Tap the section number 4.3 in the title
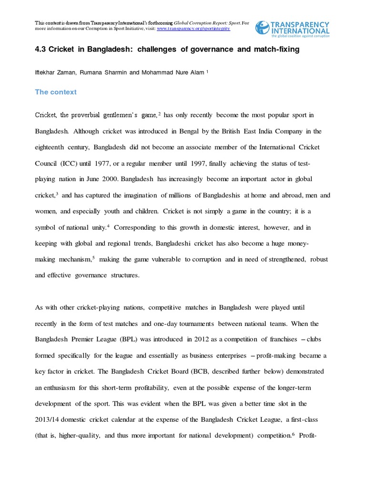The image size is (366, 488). [41, 50]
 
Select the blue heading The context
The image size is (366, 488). [56, 92]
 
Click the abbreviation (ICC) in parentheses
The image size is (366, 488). [68, 163]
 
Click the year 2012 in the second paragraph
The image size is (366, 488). [202, 339]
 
